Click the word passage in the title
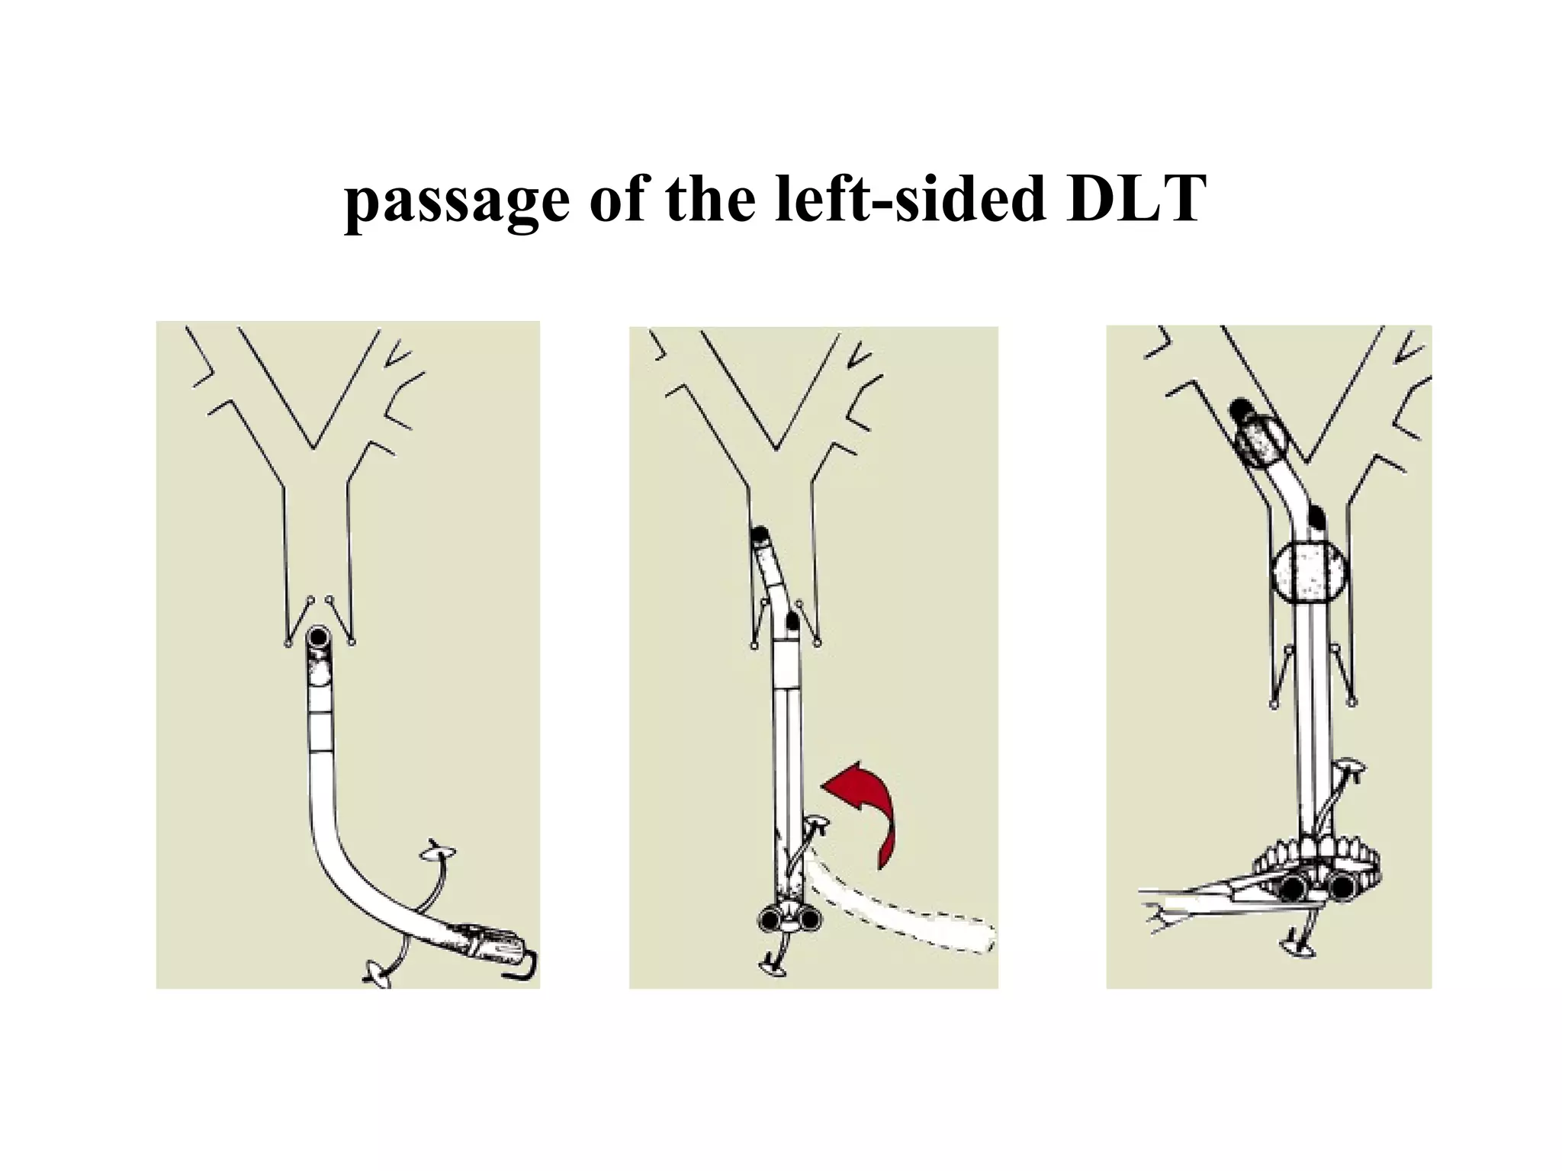point(457,201)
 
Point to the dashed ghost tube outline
point(900,915)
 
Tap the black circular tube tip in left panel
point(317,637)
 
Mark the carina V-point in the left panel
point(313,447)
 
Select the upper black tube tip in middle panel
point(760,535)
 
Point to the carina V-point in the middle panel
point(776,448)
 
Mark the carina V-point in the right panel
point(1306,461)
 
